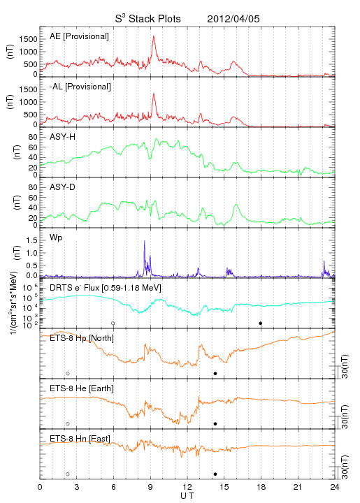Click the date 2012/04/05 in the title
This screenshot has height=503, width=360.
pos(233,19)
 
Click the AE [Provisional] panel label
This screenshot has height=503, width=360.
pos(79,36)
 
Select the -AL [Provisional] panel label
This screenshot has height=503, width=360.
pos(80,87)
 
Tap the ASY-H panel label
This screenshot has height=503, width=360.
pos(63,137)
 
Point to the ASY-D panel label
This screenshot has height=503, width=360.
pos(63,187)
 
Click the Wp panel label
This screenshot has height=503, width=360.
pos(56,238)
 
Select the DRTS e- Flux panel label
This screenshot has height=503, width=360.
pos(106,288)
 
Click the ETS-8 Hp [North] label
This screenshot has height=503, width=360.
pos(82,338)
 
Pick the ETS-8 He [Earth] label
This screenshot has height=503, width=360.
pos(82,388)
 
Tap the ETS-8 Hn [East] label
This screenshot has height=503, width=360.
pos(80,439)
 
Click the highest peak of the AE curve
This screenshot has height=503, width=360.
pos(154,36)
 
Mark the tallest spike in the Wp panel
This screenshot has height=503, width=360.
pos(145,241)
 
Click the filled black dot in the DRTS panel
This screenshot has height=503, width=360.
pos(261,323)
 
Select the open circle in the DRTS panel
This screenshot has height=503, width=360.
pos(113,323)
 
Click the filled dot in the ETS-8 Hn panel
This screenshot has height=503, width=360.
pos(215,474)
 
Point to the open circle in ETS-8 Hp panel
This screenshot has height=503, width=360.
pos(68,373)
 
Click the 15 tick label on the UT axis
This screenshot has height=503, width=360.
pos(224,487)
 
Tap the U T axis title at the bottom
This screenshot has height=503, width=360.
pos(187,496)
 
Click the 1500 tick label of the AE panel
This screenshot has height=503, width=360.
pos(28,39)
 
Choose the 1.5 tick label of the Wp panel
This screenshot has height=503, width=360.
pos(31,240)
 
